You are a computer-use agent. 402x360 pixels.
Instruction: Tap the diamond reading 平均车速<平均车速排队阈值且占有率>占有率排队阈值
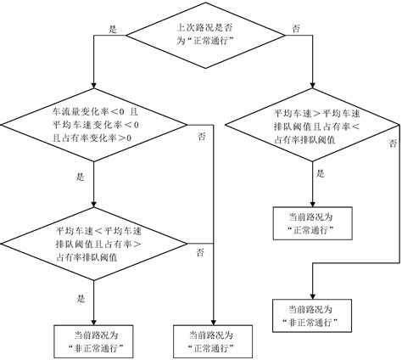point(93,241)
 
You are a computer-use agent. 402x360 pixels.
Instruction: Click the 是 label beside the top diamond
point(112,28)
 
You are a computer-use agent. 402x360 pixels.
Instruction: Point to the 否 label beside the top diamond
point(295,28)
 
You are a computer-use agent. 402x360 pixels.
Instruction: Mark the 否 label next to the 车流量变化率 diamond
point(200,137)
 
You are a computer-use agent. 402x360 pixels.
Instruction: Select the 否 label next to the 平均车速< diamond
point(200,252)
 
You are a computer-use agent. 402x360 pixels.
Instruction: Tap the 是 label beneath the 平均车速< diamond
point(81,298)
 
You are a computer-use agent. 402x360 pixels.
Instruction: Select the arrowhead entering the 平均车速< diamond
point(93,205)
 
